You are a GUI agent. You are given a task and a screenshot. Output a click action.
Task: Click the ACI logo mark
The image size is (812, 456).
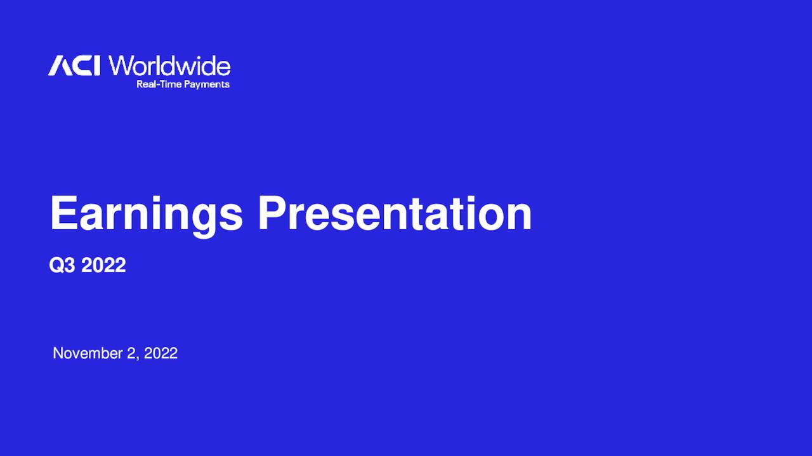pyautogui.click(x=74, y=66)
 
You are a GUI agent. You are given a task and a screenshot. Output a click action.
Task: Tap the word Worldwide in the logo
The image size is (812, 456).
pyautogui.click(x=169, y=66)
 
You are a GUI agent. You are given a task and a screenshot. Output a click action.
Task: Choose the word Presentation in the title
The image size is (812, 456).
pyautogui.click(x=394, y=214)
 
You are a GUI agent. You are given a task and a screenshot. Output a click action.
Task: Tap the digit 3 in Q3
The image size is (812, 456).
pyautogui.click(x=70, y=265)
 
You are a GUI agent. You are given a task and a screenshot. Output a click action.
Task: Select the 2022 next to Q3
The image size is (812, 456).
pyautogui.click(x=103, y=265)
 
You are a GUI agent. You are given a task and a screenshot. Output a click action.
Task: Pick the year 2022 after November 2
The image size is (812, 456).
pyautogui.click(x=160, y=353)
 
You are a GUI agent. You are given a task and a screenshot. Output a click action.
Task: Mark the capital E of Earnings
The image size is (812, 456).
pyautogui.click(x=63, y=213)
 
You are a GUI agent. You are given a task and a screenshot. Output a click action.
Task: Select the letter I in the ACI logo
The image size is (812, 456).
pyautogui.click(x=96, y=66)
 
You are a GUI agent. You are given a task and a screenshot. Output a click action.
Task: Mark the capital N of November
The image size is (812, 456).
pyautogui.click(x=58, y=353)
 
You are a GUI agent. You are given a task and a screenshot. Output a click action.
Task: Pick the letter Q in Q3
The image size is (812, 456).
pyautogui.click(x=57, y=265)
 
